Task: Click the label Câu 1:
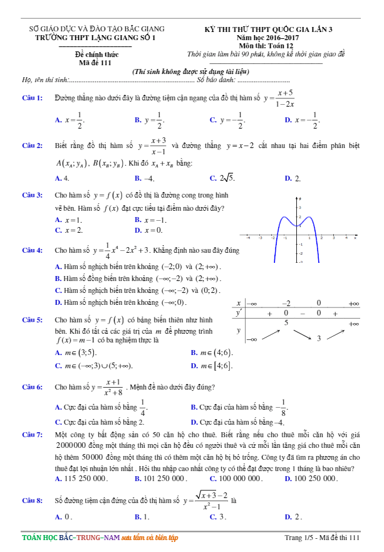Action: pyautogui.click(x=32, y=98)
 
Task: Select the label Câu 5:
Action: pyautogui.click(x=32, y=320)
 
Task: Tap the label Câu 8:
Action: pyautogui.click(x=32, y=501)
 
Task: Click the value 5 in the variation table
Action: pyautogui.click(x=286, y=322)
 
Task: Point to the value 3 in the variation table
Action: pyautogui.click(x=319, y=339)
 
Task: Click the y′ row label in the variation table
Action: pyautogui.click(x=239, y=312)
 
